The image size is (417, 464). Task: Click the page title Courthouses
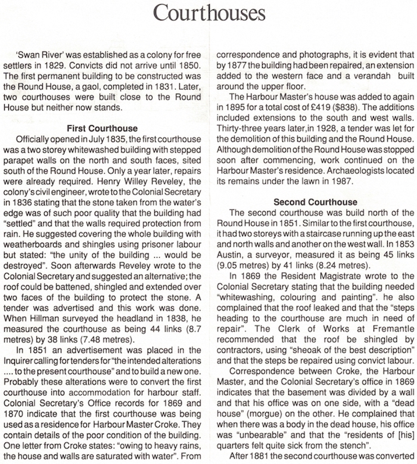[208, 13]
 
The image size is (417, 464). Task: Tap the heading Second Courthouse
[316, 202]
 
